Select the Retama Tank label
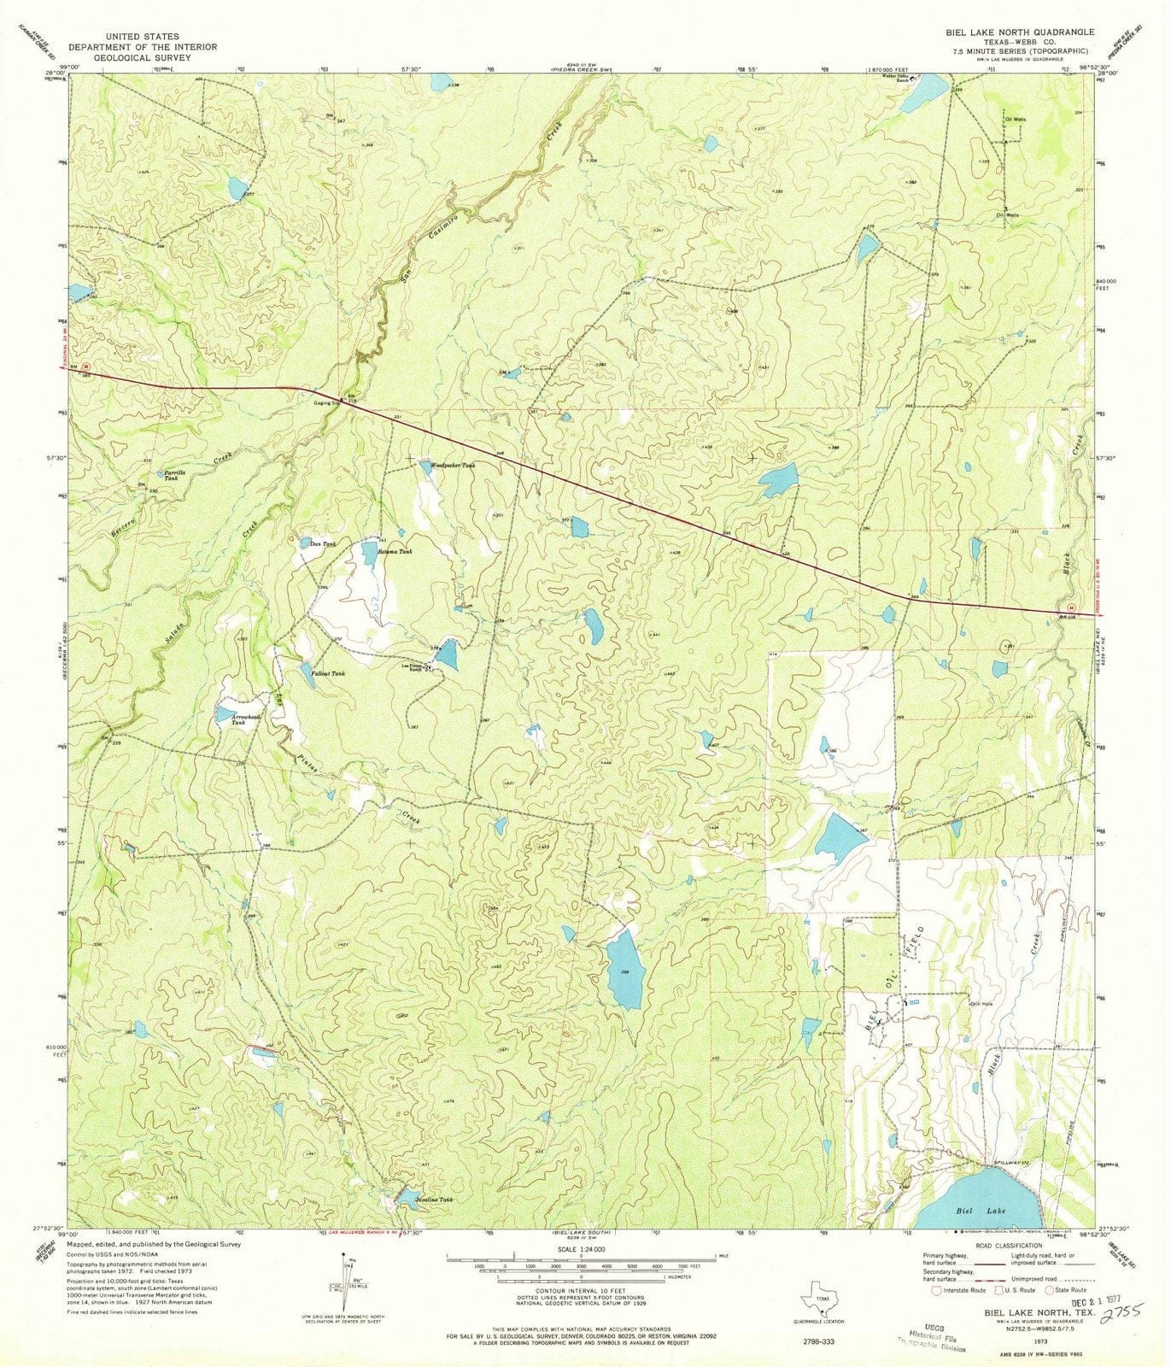(395, 553)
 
